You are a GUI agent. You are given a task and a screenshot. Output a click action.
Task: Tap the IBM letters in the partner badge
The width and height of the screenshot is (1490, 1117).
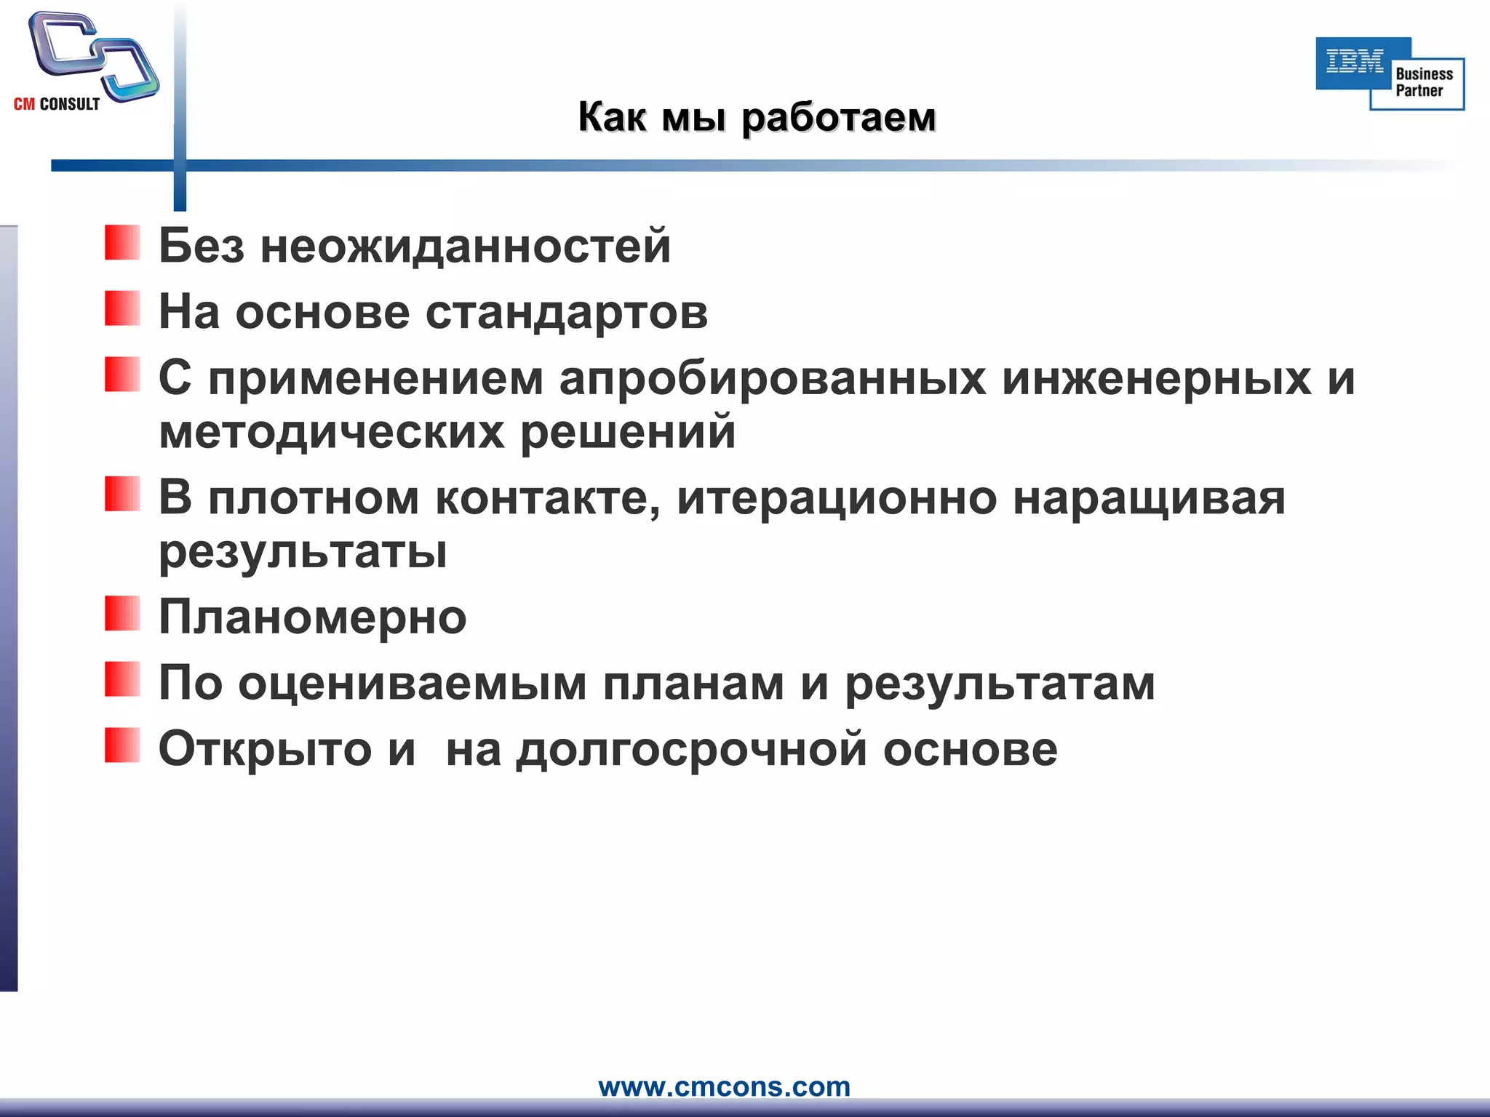(1354, 63)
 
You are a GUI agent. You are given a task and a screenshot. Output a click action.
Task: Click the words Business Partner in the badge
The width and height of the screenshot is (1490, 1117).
(1422, 82)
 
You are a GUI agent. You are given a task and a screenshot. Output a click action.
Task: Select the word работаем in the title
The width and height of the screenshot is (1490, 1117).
(838, 118)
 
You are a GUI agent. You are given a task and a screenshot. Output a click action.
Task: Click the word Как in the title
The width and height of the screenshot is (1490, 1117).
(611, 118)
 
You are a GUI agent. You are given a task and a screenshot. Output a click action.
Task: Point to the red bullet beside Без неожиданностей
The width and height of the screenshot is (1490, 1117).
(121, 243)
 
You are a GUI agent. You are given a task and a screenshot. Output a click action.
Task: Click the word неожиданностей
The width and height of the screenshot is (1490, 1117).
(466, 246)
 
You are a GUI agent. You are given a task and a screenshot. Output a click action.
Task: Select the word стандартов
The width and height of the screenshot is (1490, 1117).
(566, 313)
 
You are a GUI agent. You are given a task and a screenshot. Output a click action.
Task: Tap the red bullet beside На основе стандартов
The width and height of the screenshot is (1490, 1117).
(121, 308)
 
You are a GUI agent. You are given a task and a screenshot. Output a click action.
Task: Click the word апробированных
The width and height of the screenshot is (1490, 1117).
(772, 379)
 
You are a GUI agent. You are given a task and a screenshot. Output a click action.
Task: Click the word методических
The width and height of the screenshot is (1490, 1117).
(331, 432)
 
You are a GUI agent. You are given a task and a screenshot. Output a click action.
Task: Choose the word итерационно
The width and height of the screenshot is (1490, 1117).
(837, 499)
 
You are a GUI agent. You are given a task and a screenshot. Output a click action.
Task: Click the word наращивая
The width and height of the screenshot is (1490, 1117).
(1149, 499)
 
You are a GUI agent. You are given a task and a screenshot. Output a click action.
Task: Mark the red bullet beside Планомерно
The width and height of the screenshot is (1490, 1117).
(121, 613)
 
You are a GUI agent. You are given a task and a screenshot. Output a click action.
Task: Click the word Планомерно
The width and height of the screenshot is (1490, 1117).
(313, 618)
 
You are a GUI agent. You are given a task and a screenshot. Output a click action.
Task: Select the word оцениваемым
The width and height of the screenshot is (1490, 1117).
(412, 684)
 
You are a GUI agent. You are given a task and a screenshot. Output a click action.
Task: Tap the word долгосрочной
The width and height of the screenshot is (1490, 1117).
(691, 750)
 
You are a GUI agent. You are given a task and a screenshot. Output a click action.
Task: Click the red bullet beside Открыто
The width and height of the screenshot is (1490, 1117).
(121, 745)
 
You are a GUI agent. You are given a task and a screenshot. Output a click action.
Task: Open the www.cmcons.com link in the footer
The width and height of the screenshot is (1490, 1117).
(724, 1086)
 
